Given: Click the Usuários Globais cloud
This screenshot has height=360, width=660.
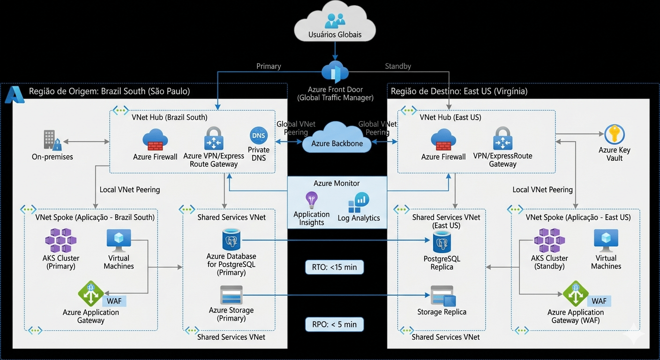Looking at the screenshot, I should [335, 26].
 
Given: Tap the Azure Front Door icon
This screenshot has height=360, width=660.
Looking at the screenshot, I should [335, 73].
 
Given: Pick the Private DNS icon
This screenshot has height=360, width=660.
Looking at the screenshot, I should [258, 136].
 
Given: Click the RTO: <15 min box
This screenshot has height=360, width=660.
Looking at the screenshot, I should [334, 268].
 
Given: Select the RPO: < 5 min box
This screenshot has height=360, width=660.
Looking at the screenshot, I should [334, 324].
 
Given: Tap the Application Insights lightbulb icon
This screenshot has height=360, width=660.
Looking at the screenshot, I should [311, 200].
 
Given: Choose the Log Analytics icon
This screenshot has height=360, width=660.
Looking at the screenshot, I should [359, 203].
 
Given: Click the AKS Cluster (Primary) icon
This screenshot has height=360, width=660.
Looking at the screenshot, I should [60, 240].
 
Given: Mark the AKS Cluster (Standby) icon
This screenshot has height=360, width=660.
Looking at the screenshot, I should [549, 240].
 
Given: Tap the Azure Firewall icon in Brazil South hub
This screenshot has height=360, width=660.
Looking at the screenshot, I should [155, 140].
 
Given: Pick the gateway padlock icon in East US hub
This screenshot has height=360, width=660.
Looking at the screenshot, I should [502, 139].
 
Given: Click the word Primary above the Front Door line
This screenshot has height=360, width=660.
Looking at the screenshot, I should [269, 66].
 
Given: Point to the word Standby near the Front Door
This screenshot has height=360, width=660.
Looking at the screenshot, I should [397, 66].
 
